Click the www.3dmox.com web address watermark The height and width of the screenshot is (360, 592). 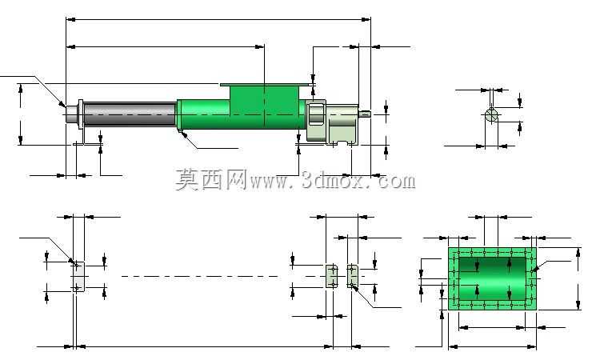click(x=333, y=180)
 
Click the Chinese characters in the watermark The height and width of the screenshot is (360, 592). click(x=211, y=180)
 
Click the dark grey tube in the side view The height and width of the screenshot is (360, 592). click(x=130, y=114)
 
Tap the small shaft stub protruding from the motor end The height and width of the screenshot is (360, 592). click(x=365, y=113)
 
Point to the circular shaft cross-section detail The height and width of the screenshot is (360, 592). click(x=491, y=114)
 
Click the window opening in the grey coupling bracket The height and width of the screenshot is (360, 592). click(x=316, y=114)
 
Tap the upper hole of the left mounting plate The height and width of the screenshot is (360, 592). click(x=77, y=265)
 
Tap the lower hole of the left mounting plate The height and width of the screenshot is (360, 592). click(x=77, y=288)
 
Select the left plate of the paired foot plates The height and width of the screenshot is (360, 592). click(x=332, y=276)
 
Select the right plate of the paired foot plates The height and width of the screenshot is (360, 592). click(x=353, y=276)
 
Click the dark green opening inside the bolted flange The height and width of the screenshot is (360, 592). click(x=492, y=279)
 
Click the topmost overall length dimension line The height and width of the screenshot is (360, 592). click(x=218, y=19)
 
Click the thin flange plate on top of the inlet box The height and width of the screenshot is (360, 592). click(x=266, y=85)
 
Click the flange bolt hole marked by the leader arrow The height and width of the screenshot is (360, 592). click(x=532, y=271)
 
